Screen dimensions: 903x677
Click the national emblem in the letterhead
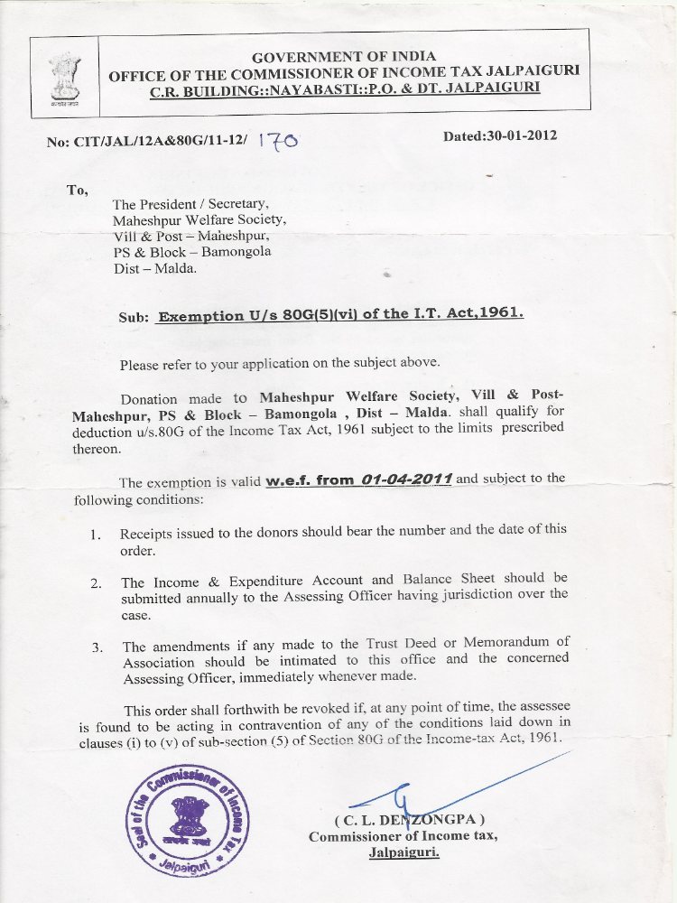(x=65, y=76)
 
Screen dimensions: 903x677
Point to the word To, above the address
(x=78, y=190)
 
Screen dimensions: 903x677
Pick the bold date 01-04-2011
(x=404, y=479)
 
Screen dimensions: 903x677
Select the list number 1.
(x=95, y=534)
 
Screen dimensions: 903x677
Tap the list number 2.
(x=95, y=583)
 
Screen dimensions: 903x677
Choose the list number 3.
(x=97, y=648)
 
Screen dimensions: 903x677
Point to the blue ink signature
(x=406, y=799)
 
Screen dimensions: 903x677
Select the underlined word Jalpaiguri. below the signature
(x=403, y=852)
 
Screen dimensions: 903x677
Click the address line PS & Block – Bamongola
(x=191, y=252)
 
